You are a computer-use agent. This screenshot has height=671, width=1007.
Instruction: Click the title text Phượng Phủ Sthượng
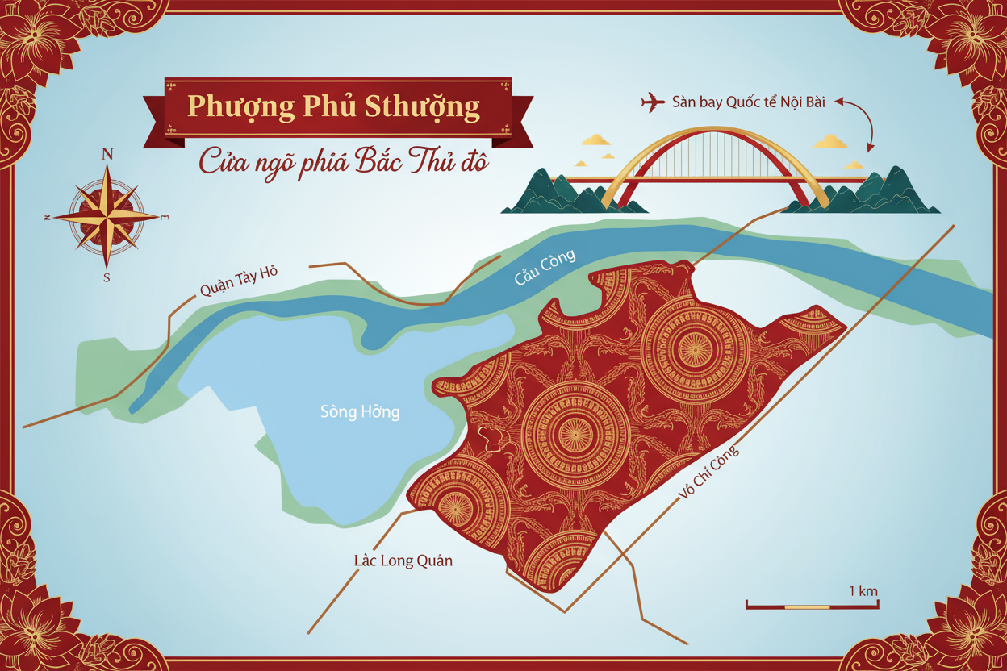coord(333,107)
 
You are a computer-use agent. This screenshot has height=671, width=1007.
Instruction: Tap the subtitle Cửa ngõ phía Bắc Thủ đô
coord(345,161)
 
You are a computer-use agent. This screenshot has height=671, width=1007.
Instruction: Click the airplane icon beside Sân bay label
coord(653,102)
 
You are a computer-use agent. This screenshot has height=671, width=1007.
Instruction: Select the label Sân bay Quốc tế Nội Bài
coord(748,102)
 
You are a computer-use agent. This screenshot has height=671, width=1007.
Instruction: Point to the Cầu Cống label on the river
coord(546,268)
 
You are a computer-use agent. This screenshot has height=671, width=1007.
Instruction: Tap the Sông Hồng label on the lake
coord(360,412)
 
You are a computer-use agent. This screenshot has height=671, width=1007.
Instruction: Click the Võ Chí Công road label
coord(709,476)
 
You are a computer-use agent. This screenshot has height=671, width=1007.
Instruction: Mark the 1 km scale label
coord(863,591)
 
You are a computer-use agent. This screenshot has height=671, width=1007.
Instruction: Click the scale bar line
coord(811,606)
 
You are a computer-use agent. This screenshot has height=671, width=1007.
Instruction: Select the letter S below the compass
coord(107,277)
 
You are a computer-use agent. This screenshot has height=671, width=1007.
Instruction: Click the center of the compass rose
coord(107,216)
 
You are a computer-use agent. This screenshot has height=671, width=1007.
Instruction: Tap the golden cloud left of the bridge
coord(596,140)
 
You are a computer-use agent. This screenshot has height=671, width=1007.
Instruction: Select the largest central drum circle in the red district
coord(575,434)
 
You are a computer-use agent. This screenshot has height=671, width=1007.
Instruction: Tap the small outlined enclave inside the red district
coord(493,438)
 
